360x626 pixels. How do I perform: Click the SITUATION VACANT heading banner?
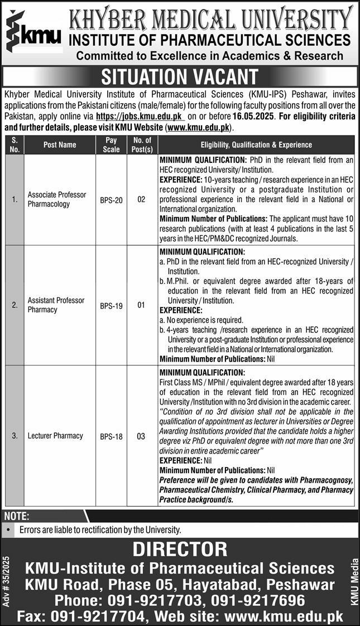(180, 76)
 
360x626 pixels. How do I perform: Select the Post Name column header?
(59, 145)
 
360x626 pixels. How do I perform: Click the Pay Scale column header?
(111, 145)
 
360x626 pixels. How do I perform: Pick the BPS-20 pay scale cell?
(111, 199)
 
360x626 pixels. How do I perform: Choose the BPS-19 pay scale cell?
(111, 305)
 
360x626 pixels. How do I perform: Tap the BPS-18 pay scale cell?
(111, 436)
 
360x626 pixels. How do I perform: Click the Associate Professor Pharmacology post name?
(57, 199)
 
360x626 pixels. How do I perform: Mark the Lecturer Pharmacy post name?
(55, 436)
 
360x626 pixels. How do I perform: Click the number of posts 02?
(141, 199)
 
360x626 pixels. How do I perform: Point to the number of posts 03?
(141, 436)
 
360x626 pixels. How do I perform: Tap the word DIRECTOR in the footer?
(180, 549)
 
